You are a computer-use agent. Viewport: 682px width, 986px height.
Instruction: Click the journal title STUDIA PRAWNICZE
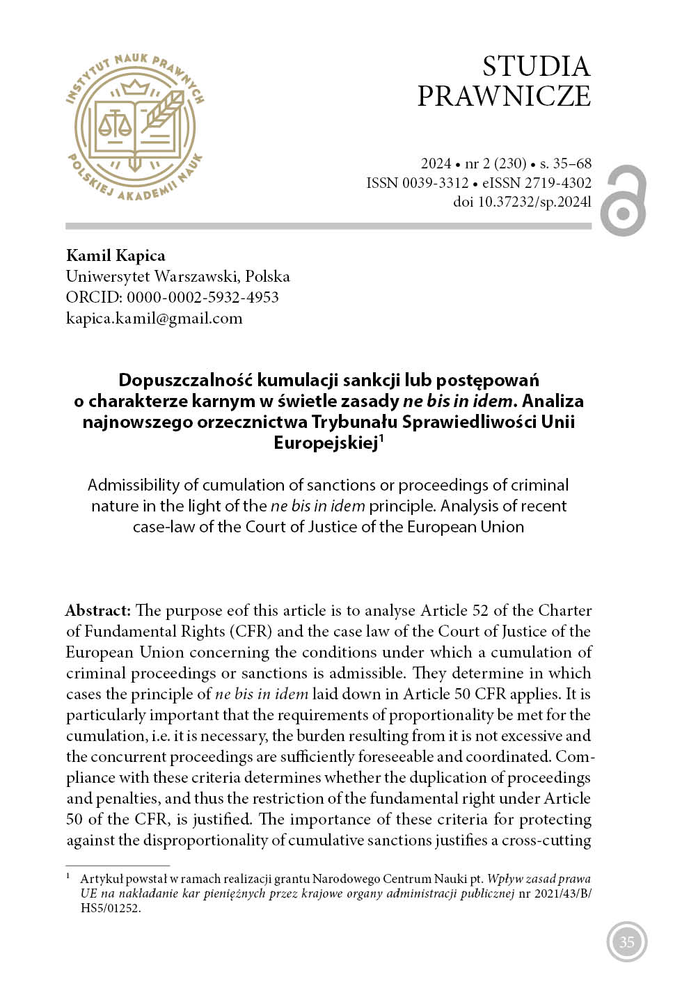pos(504,81)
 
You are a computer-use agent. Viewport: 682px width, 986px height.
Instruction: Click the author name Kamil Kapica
pos(116,255)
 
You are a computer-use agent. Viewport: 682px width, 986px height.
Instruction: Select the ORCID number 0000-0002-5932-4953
pos(203,297)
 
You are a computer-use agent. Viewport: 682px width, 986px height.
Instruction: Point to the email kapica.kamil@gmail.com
pos(154,318)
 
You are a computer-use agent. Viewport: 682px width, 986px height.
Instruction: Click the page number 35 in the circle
pos(626,942)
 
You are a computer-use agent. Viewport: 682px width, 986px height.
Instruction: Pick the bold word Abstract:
pos(98,610)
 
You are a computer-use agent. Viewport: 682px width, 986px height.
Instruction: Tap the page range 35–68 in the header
pos(572,164)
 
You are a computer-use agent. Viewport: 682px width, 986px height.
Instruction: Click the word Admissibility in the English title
pos(132,485)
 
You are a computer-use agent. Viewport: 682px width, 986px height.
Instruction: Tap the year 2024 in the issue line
pos(436,164)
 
